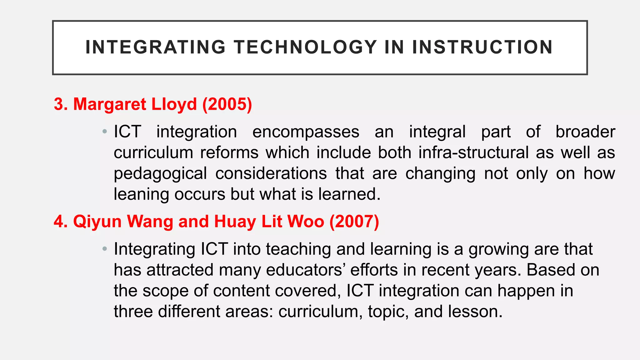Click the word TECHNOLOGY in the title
click(x=306, y=47)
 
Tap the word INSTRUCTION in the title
click(x=482, y=47)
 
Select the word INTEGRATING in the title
click(x=156, y=47)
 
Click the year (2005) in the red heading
click(x=227, y=104)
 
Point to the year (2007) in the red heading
click(x=354, y=222)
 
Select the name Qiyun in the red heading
click(x=97, y=222)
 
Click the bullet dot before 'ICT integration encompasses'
click(x=105, y=132)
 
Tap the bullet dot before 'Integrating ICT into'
click(x=105, y=249)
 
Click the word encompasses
click(x=306, y=132)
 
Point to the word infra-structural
click(x=473, y=152)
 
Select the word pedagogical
click(x=160, y=174)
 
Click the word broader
click(x=585, y=132)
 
